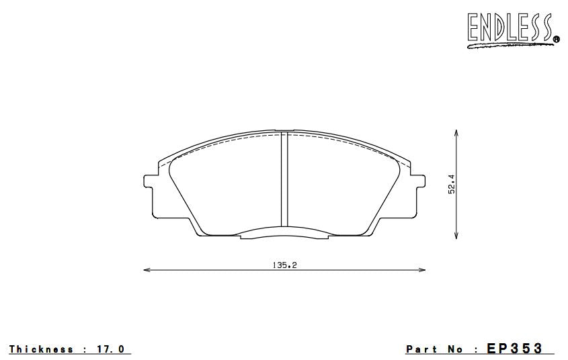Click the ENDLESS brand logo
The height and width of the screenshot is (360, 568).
point(511,29)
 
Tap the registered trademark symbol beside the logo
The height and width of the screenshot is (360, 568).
point(556,40)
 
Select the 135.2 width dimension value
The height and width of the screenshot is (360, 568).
point(284,265)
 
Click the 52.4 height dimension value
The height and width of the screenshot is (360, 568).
point(452,185)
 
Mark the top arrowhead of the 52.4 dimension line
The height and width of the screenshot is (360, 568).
point(457,133)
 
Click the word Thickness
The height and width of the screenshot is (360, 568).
point(41,349)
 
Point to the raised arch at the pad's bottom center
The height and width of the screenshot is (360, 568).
point(284,232)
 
